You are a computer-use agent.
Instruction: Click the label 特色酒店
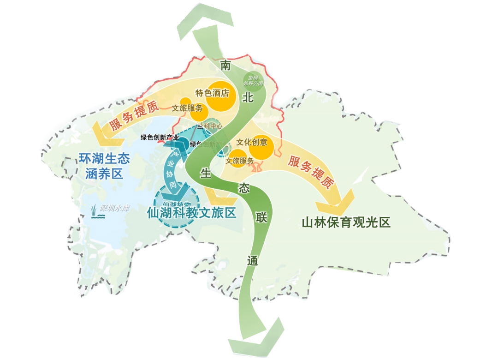(x=212, y=93)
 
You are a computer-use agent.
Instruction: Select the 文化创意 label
(x=252, y=142)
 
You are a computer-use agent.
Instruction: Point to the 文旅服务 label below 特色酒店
(x=187, y=108)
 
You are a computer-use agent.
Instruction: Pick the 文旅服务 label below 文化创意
(x=240, y=161)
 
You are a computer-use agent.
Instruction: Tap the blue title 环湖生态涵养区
(x=104, y=166)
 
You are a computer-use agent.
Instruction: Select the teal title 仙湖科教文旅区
(x=191, y=213)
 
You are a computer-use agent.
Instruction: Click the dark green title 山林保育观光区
(x=346, y=223)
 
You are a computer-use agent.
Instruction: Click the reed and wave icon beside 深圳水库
(x=97, y=211)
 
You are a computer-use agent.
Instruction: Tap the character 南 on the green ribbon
(x=225, y=66)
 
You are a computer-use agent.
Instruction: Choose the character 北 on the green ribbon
(x=248, y=97)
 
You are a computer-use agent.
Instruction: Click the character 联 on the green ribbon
(x=261, y=219)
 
